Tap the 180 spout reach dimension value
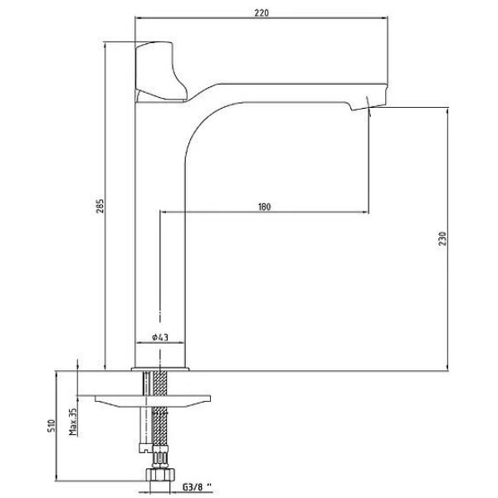(x=264, y=205)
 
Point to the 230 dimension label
(x=443, y=239)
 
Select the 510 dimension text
(x=51, y=427)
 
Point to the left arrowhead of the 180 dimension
(x=163, y=212)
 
